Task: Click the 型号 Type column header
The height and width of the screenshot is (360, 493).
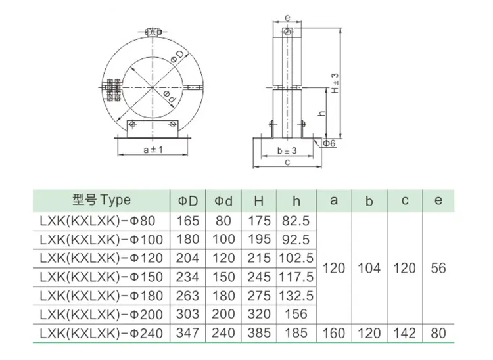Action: [x=101, y=200]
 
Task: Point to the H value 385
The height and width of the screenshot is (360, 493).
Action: [x=258, y=333]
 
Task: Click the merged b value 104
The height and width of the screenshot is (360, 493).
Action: [x=369, y=268]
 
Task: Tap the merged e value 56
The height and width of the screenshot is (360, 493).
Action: [x=438, y=268]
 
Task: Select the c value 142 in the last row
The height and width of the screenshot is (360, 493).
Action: [x=404, y=333]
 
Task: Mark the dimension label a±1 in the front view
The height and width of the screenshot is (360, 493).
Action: [x=153, y=150]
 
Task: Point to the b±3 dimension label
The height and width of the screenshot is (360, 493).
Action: [x=287, y=151]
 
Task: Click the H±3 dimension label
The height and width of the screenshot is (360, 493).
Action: [x=335, y=84]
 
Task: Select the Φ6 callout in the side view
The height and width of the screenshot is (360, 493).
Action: [x=329, y=142]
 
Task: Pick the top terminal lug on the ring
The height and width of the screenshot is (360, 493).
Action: [x=153, y=32]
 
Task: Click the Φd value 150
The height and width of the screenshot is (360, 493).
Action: [x=223, y=276]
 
